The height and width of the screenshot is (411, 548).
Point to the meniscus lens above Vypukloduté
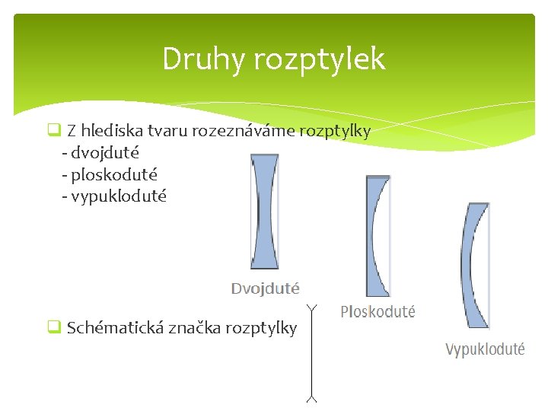pyautogui.click(x=475, y=266)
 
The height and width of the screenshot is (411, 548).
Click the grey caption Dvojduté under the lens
pyautogui.click(x=265, y=288)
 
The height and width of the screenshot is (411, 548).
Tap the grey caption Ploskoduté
pyautogui.click(x=378, y=311)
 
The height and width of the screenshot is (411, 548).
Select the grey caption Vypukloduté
pyautogui.click(x=485, y=349)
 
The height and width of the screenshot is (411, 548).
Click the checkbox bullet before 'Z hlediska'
pyautogui.click(x=53, y=130)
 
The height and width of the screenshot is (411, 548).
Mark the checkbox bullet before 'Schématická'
pyautogui.click(x=53, y=328)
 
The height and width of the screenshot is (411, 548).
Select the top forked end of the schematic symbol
pyautogui.click(x=311, y=307)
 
